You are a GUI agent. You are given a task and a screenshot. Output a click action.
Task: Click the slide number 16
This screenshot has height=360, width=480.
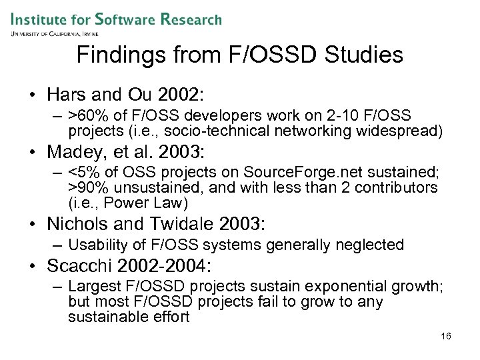446,336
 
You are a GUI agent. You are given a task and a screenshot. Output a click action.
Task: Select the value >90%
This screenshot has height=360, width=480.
86,188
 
